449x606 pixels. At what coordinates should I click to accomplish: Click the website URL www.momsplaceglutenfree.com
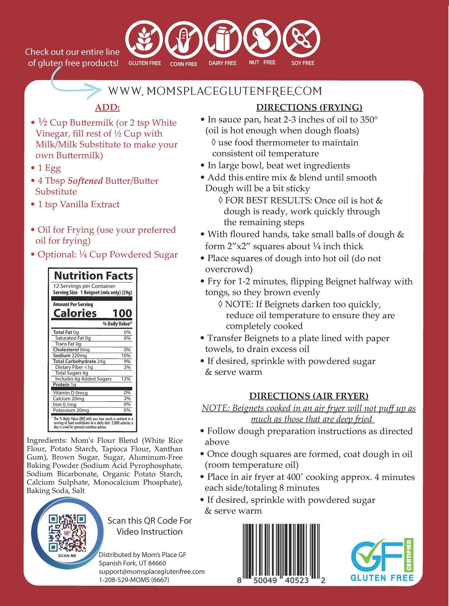point(215,91)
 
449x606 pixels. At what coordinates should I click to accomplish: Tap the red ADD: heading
point(108,108)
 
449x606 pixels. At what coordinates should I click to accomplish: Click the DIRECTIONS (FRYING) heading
point(309,108)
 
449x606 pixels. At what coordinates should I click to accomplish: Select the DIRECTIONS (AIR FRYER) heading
point(309,396)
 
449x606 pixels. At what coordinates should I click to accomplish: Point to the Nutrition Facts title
point(93,276)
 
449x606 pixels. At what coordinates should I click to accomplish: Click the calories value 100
point(122,313)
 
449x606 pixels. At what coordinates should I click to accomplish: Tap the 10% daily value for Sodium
point(126,356)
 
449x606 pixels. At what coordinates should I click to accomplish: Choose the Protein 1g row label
point(65,385)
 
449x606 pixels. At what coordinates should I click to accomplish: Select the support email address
point(152,571)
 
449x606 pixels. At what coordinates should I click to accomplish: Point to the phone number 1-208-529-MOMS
point(134,580)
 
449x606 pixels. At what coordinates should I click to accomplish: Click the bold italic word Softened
point(85,181)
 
